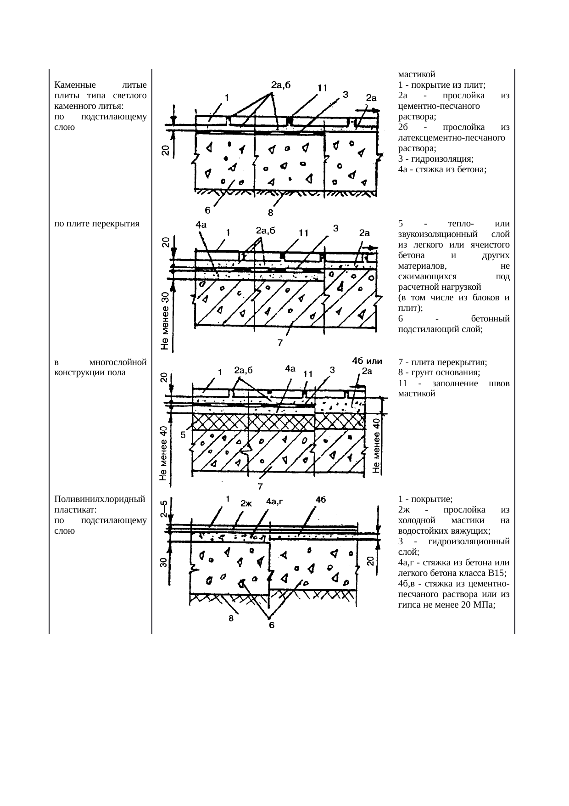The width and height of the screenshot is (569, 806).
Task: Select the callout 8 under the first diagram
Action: pyautogui.click(x=271, y=213)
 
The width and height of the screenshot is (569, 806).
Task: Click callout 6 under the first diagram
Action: pyautogui.click(x=207, y=210)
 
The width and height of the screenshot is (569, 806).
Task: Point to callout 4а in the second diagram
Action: pyautogui.click(x=201, y=225)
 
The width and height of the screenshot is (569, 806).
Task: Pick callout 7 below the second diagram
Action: pyautogui.click(x=279, y=343)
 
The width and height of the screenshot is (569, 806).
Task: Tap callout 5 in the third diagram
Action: pyautogui.click(x=182, y=434)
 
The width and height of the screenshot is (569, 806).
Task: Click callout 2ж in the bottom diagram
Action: pyautogui.click(x=246, y=503)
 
